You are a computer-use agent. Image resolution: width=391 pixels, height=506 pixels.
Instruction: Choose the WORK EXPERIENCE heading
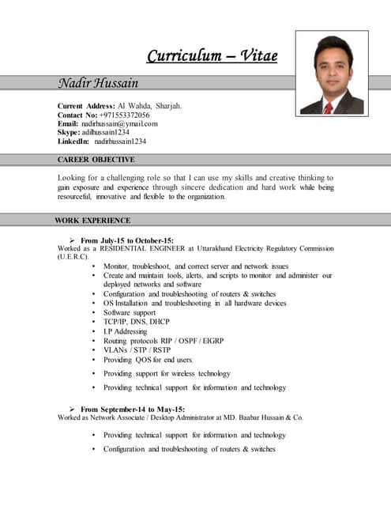pyautogui.click(x=92, y=221)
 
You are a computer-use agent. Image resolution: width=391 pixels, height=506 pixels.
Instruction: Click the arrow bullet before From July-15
pyautogui.click(x=73, y=240)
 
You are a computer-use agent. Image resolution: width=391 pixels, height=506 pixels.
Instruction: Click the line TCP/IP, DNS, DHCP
pyautogui.click(x=137, y=322)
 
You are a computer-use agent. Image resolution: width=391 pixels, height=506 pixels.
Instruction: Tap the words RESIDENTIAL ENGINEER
pyautogui.click(x=139, y=248)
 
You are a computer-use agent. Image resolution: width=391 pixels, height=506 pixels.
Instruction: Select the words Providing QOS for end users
pyautogui.click(x=148, y=360)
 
